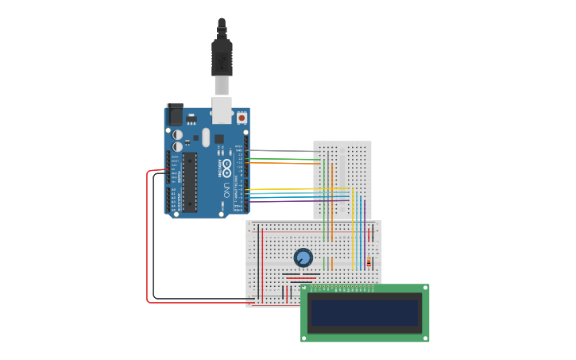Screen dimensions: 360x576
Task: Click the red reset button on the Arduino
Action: click(x=242, y=118)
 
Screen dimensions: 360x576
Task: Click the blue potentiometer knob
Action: click(x=303, y=257)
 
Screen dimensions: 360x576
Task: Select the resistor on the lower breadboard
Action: click(x=368, y=262)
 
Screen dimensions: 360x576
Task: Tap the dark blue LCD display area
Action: click(x=365, y=312)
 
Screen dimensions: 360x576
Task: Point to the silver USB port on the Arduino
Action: click(x=221, y=109)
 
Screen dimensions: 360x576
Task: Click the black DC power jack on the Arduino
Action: click(x=174, y=115)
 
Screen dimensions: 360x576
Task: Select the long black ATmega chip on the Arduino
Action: click(x=189, y=182)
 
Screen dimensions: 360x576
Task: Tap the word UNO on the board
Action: click(x=226, y=191)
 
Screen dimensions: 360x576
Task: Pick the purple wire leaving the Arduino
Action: click(x=294, y=201)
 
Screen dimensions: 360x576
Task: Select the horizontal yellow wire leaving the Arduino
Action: click(x=294, y=189)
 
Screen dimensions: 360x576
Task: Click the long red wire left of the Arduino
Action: click(x=148, y=238)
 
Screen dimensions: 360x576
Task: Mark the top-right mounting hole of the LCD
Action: click(x=425, y=288)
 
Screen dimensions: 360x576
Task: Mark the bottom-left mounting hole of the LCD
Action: click(x=304, y=338)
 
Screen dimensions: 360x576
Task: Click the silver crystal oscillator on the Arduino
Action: click(x=206, y=137)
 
